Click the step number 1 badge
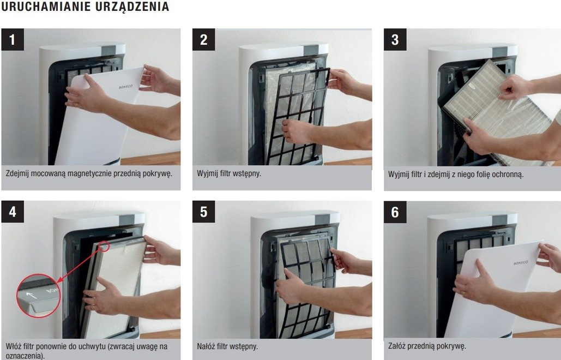[x=13, y=39]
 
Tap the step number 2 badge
[x=203, y=39]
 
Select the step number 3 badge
[x=395, y=39]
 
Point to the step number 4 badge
[x=13, y=212]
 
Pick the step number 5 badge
[x=203, y=212]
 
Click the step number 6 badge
[x=395, y=212]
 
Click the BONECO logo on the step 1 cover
[x=126, y=87]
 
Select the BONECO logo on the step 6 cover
[x=521, y=263]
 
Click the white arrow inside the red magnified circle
[x=32, y=295]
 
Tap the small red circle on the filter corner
[x=104, y=246]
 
